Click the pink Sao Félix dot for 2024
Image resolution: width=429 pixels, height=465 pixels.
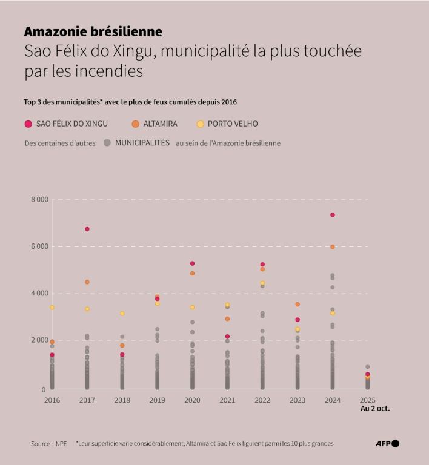(x=333, y=215)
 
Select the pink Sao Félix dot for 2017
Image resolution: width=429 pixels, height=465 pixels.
(x=87, y=229)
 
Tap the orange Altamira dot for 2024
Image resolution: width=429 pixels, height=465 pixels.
(x=333, y=247)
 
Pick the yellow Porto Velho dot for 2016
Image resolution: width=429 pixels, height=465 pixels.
(x=52, y=308)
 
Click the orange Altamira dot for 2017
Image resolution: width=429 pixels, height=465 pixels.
(x=87, y=282)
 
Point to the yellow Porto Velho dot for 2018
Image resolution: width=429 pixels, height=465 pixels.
(x=122, y=314)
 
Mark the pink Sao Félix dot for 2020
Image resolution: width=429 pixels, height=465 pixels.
(x=193, y=263)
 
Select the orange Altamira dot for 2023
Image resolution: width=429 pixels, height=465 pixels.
(x=298, y=305)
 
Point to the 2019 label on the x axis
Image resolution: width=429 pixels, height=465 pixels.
(x=157, y=400)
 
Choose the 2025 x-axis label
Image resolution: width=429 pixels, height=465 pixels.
(x=367, y=400)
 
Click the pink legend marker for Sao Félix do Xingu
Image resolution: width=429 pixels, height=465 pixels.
(x=28, y=124)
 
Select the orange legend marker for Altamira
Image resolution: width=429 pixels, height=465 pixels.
(x=135, y=124)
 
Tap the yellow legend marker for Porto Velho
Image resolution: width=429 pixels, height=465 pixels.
(x=200, y=124)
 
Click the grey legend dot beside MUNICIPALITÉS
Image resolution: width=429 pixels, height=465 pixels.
(x=107, y=143)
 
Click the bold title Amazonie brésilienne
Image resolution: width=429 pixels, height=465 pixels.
(x=93, y=31)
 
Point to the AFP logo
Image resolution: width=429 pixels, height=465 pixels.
(x=387, y=444)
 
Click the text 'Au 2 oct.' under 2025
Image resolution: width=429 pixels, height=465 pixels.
(x=375, y=409)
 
